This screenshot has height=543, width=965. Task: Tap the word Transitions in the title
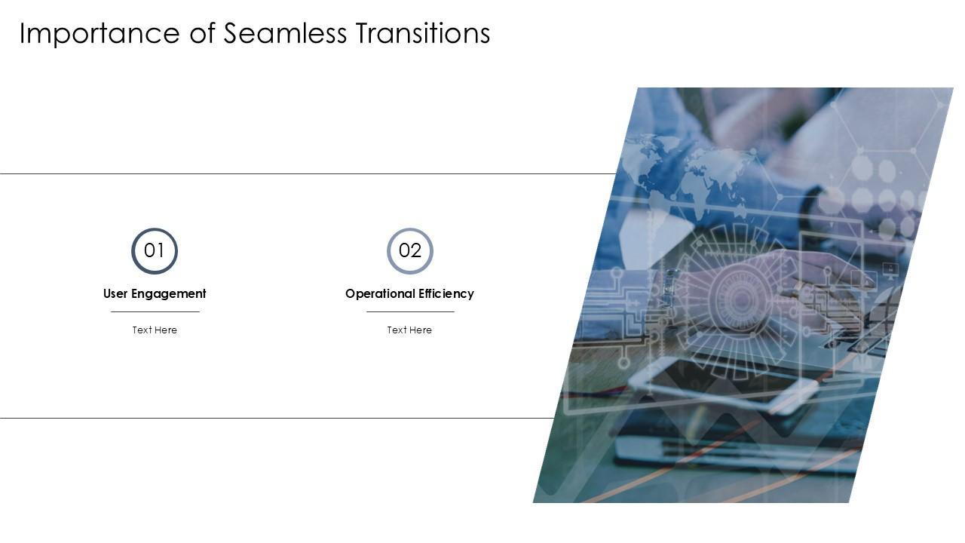click(422, 33)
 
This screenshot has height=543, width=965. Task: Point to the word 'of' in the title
click(202, 33)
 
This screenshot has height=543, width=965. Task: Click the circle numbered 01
click(155, 251)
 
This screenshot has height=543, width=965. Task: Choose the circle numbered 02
click(410, 251)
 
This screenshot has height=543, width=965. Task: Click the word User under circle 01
click(115, 293)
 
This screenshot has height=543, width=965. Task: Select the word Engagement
click(169, 294)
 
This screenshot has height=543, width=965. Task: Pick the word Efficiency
click(446, 294)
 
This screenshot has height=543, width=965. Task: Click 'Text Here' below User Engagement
click(155, 330)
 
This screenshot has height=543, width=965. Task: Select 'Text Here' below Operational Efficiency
click(409, 330)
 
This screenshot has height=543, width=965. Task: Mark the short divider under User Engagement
click(155, 311)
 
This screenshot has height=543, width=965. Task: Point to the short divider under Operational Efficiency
click(410, 311)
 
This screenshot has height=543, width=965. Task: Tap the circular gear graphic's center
click(741, 299)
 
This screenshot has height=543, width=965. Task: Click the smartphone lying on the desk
click(724, 383)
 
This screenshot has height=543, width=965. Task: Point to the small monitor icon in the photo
click(890, 269)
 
